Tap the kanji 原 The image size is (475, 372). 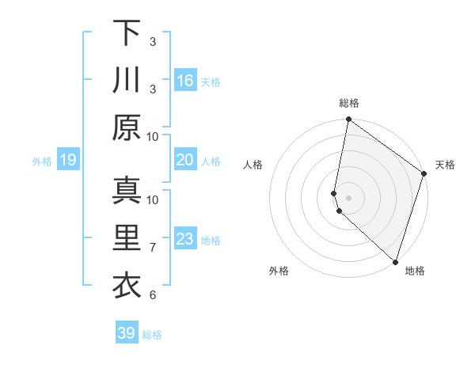[127, 127]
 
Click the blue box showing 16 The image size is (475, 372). [185, 81]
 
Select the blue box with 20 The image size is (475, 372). [185, 160]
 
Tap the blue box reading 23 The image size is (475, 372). [185, 239]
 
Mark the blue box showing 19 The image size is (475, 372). [67, 161]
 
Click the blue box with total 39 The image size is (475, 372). [127, 333]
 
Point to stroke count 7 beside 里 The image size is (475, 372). [153, 248]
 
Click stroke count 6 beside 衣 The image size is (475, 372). [153, 295]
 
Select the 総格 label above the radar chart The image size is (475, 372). [349, 103]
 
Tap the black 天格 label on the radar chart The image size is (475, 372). [445, 165]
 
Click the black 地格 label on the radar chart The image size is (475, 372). [415, 271]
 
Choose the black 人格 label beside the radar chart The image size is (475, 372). [253, 165]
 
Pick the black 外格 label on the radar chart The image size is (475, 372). [279, 271]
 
